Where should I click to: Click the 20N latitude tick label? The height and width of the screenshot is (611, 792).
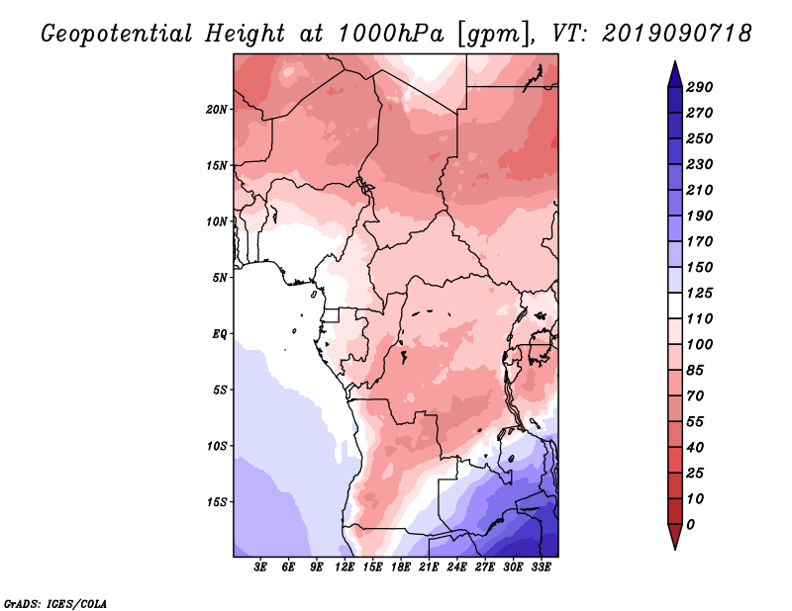coord(217,109)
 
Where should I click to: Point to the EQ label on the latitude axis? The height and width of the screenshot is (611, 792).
coord(220,333)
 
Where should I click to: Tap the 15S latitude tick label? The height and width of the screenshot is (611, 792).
coord(217,501)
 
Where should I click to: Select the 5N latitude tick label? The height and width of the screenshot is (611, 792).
coord(220,278)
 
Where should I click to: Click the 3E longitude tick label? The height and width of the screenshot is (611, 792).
coord(261,567)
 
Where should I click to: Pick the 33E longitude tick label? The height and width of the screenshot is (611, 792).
coord(540,567)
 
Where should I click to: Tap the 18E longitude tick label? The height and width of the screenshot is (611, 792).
coord(400,567)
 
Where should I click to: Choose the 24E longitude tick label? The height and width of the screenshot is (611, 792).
coord(456,567)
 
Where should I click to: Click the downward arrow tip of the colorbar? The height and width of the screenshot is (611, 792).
coord(673,547)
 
